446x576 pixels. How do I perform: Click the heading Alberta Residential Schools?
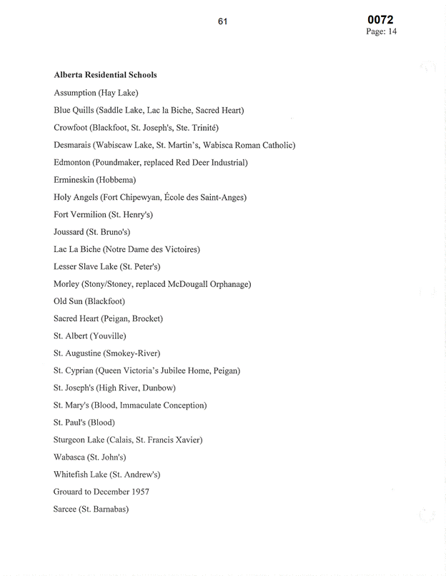coord(105,75)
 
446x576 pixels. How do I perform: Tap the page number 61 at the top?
coord(222,21)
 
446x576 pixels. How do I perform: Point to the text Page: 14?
coord(381,32)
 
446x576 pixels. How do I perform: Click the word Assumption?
coord(74,93)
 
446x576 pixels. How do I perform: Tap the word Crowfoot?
coord(71,128)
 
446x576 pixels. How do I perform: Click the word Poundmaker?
coord(119,162)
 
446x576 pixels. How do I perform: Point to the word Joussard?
coord(70,232)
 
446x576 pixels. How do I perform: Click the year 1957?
coord(140,492)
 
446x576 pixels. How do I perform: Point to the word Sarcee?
coord(66,510)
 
